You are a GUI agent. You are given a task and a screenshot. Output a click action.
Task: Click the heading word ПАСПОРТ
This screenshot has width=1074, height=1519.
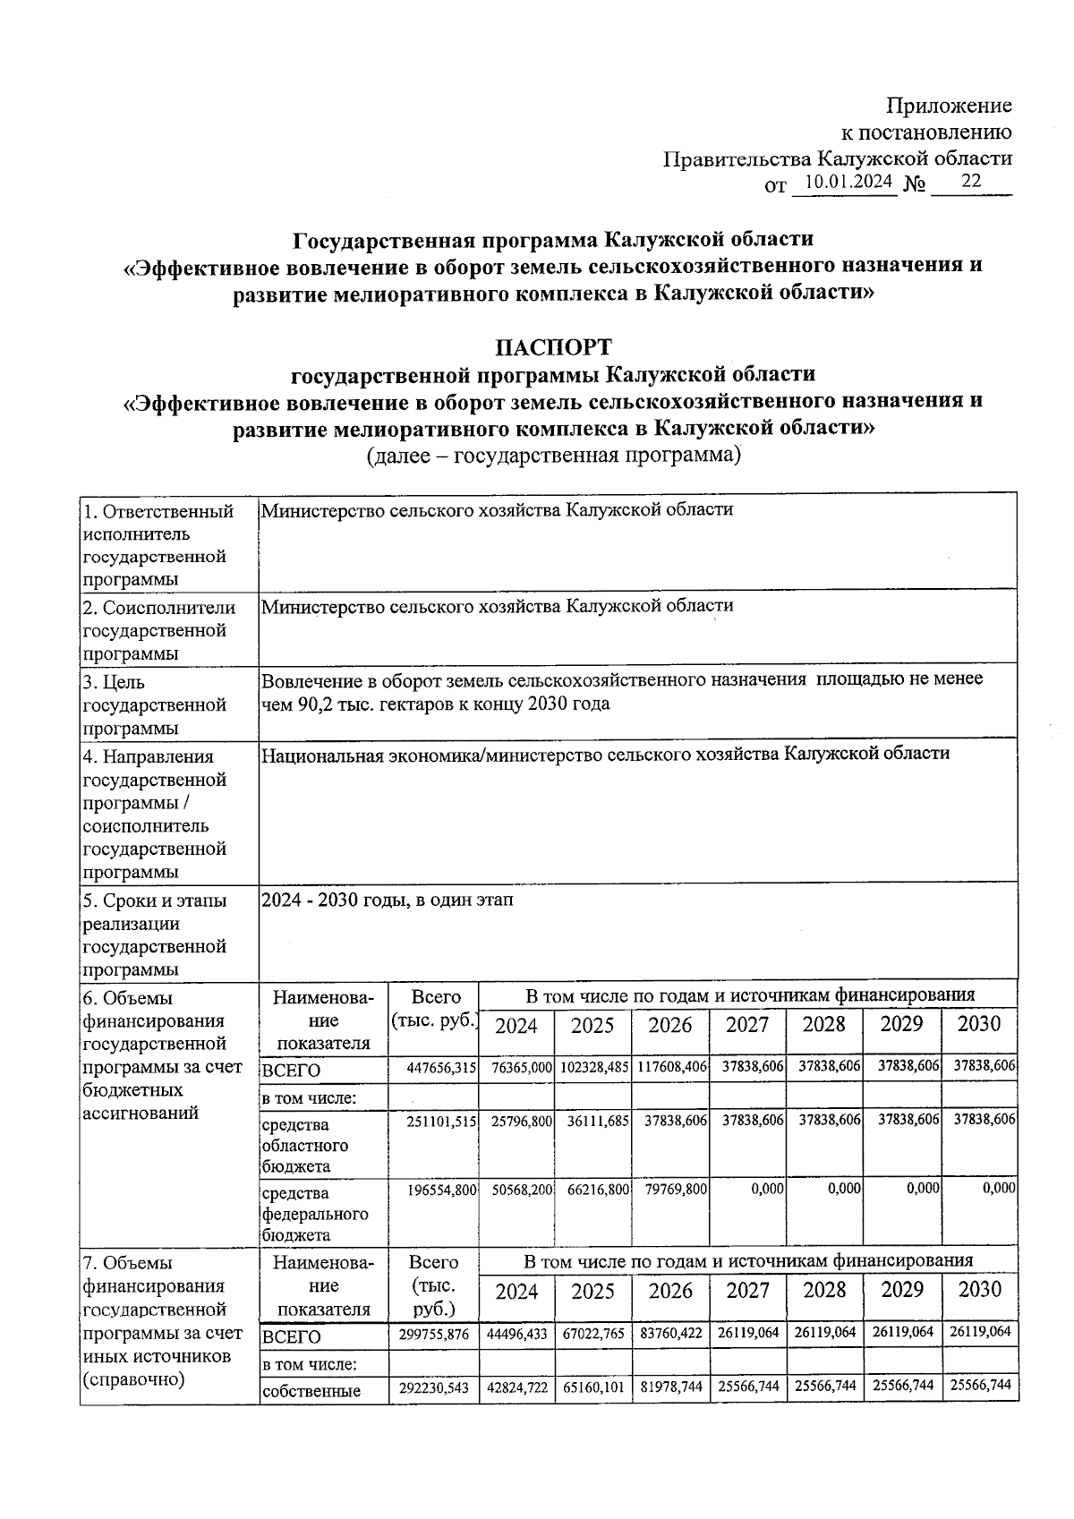point(554,346)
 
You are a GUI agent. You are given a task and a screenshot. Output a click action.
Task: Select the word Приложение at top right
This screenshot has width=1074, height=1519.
point(949,106)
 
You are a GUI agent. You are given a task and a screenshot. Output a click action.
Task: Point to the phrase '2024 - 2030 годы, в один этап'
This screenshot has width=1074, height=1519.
point(387,900)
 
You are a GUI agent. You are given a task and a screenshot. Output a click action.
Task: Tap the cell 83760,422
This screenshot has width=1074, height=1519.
point(671,1333)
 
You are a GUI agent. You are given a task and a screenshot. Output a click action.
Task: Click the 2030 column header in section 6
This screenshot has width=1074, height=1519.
point(979,1024)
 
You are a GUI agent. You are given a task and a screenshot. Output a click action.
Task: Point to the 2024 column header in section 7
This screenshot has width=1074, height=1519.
point(516,1291)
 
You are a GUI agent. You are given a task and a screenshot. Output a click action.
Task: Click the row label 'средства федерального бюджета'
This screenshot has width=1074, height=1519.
point(314,1214)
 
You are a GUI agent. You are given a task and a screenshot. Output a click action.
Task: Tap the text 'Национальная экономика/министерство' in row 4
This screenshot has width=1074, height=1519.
point(430,755)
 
